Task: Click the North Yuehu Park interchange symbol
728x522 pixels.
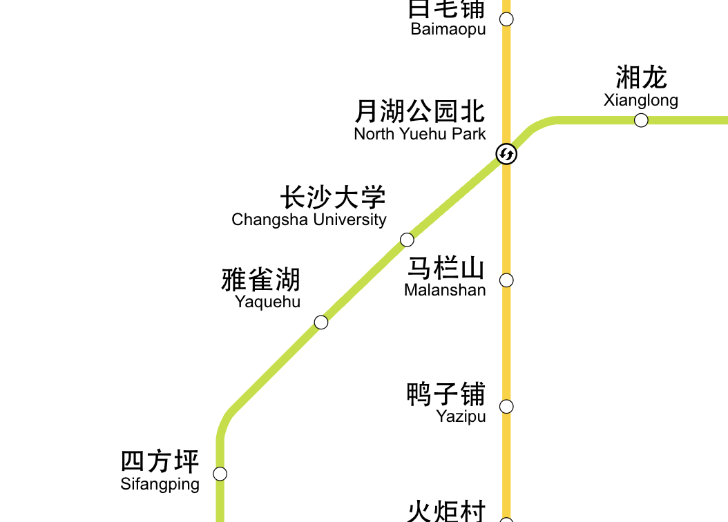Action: click(x=506, y=154)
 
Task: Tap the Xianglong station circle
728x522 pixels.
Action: click(x=641, y=120)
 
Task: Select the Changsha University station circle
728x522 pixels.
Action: click(x=407, y=240)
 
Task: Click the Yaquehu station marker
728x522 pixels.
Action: click(x=321, y=322)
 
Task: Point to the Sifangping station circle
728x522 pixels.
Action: click(x=220, y=474)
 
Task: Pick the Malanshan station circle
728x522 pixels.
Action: click(x=506, y=280)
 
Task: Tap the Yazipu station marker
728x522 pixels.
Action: click(x=506, y=407)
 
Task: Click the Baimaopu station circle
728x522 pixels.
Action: click(x=506, y=19)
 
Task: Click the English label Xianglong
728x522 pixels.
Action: click(x=641, y=100)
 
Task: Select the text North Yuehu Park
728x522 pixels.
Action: click(x=420, y=134)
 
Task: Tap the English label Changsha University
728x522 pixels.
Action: click(x=309, y=220)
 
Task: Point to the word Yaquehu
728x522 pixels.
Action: click(x=267, y=302)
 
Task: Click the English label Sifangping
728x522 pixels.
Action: click(x=160, y=484)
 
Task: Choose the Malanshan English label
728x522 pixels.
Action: click(x=445, y=290)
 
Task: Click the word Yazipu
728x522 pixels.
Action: click(x=461, y=416)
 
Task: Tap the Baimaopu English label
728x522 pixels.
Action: click(x=448, y=29)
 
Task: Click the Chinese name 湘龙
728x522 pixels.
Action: click(x=641, y=77)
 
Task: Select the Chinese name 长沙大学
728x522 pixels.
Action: click(x=333, y=197)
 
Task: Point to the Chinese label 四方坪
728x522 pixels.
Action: click(x=160, y=461)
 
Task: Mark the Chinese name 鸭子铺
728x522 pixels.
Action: click(x=446, y=394)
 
